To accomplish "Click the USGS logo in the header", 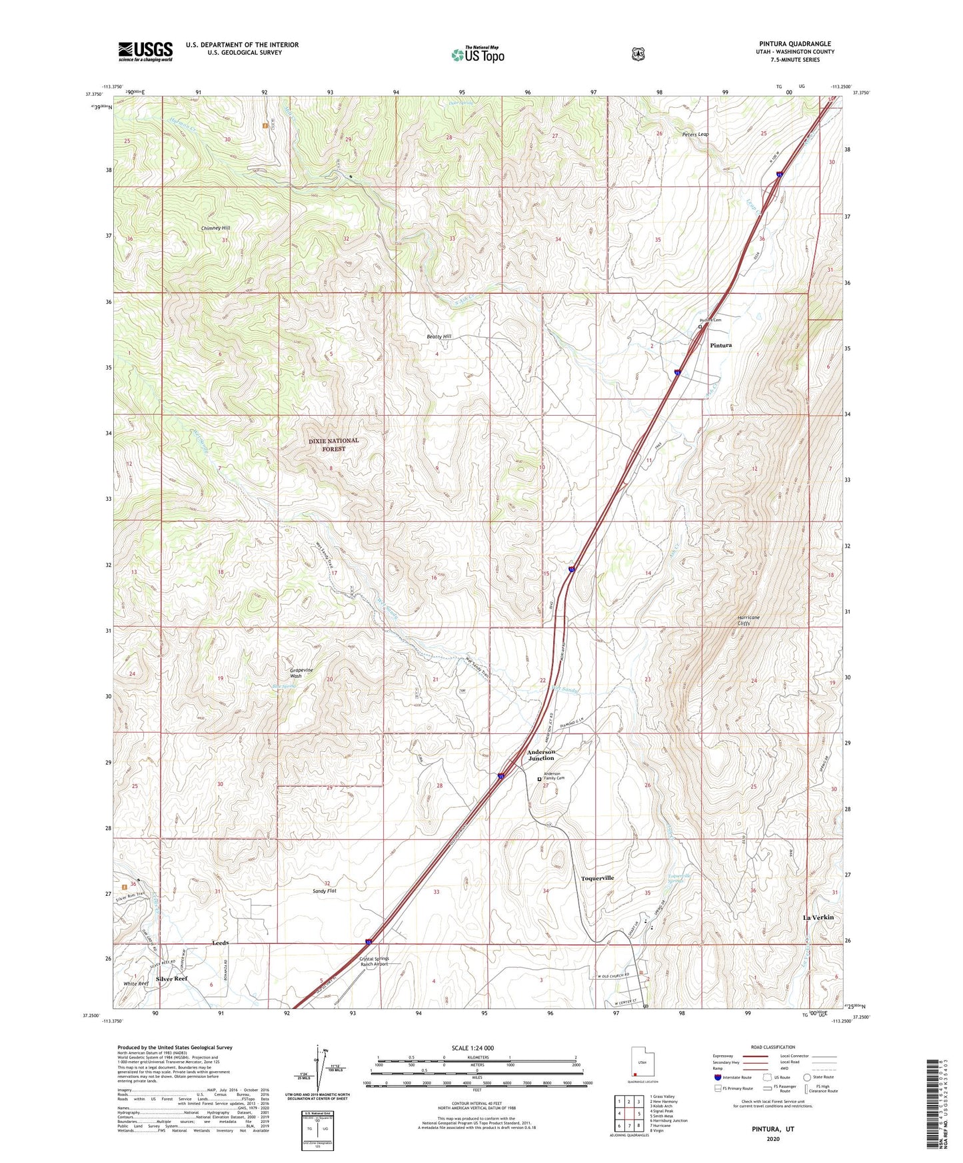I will pos(145,51).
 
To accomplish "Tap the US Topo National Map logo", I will pos(477,55).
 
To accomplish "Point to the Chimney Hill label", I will pos(215,228).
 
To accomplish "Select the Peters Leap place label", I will pos(695,135).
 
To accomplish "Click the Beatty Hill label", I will pos(439,337).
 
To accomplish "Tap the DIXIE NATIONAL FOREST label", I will pos(333,445).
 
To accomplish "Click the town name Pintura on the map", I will pos(720,346).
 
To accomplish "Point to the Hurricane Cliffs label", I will pos(748,620).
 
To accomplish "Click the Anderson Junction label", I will pos(541,755).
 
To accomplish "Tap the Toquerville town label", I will pos(597,879).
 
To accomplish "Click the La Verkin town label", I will pos(818,918).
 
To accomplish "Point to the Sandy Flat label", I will pos(325,891).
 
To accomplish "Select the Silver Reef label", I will pos(172,979).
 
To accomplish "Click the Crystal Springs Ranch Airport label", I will pos(375,962).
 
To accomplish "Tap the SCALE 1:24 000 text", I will pos(473,1048).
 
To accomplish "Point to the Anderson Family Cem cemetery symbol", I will pos(539,779).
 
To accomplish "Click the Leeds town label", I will pos(221,944).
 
